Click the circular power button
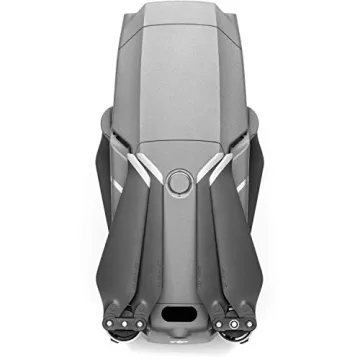point(180,182)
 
